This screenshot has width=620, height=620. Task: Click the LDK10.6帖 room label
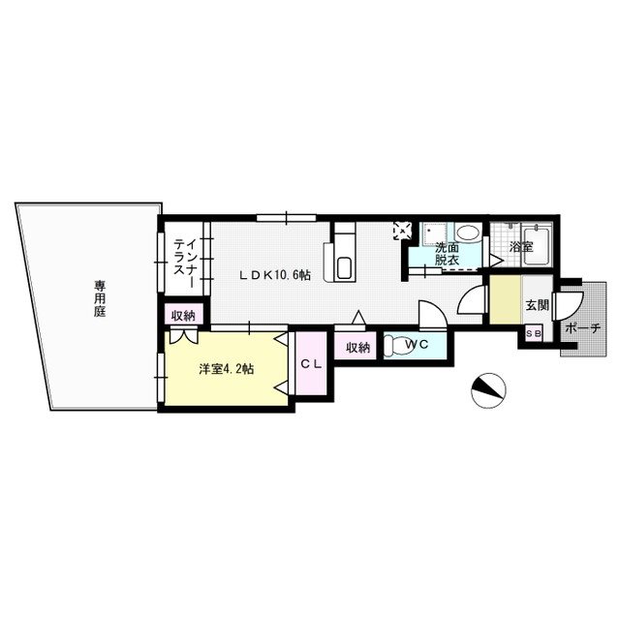[x=275, y=274]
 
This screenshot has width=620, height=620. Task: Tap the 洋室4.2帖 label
[x=227, y=368]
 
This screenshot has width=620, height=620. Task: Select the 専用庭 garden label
[x=100, y=299]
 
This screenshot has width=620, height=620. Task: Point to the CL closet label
[x=310, y=364]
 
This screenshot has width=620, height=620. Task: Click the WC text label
[x=417, y=344]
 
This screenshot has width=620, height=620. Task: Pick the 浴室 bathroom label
[x=521, y=247]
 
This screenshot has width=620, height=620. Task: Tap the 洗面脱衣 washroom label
[x=448, y=254]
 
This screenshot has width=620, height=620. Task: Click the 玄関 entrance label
[x=537, y=305]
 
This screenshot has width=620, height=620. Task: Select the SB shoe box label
[x=534, y=333]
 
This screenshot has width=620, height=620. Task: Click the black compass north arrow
[x=489, y=389]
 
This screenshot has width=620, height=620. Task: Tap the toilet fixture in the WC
[x=395, y=345]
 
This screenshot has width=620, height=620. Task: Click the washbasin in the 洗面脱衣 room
[x=467, y=233]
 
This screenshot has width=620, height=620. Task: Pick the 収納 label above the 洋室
[x=183, y=316]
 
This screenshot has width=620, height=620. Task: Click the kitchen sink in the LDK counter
[x=344, y=268]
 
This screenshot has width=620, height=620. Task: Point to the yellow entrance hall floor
[x=505, y=301]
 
